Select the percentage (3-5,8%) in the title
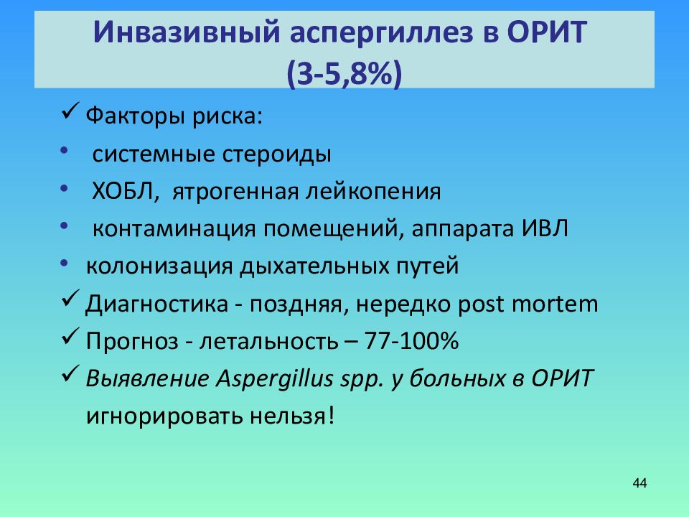tap(344, 73)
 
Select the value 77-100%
tap(411, 341)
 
